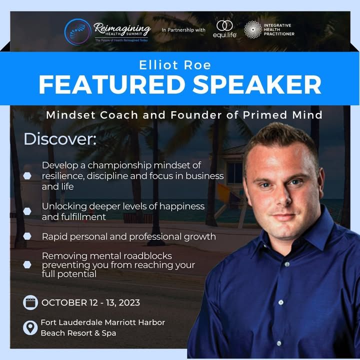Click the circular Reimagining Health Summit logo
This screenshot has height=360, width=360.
(78, 31)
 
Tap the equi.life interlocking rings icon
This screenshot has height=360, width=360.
(224, 25)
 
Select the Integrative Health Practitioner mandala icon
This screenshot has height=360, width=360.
(253, 29)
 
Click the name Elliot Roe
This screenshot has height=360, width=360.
(175, 65)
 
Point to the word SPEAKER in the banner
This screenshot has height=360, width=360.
(256, 84)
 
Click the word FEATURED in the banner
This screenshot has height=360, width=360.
(112, 84)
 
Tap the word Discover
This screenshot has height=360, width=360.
(59, 139)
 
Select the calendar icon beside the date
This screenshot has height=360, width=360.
(30, 302)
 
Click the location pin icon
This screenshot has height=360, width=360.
(30, 327)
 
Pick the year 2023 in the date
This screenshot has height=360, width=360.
(129, 302)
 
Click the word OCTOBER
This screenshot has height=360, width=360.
(64, 302)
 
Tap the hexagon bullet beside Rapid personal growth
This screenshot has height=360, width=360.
(27, 236)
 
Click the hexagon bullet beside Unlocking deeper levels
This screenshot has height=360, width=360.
(27, 211)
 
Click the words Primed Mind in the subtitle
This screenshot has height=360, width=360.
(282, 115)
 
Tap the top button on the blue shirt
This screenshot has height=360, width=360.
(287, 264)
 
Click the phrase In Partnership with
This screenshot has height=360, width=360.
(183, 30)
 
